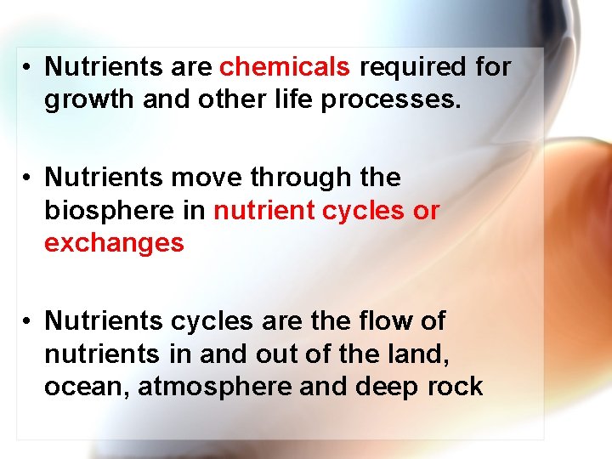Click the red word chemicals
285,66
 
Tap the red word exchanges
114,243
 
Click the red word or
426,211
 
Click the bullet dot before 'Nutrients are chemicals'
27,67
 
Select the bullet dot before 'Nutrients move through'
27,178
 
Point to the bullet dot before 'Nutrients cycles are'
27,322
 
